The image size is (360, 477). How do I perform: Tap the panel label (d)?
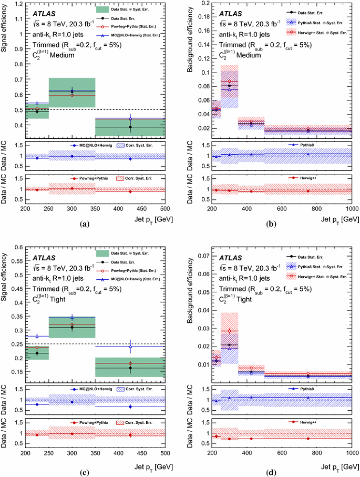[x=271, y=472]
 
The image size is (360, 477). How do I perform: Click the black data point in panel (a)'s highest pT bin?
[x=130, y=127]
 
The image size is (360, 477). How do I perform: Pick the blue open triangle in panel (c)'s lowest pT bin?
[x=37, y=336]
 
